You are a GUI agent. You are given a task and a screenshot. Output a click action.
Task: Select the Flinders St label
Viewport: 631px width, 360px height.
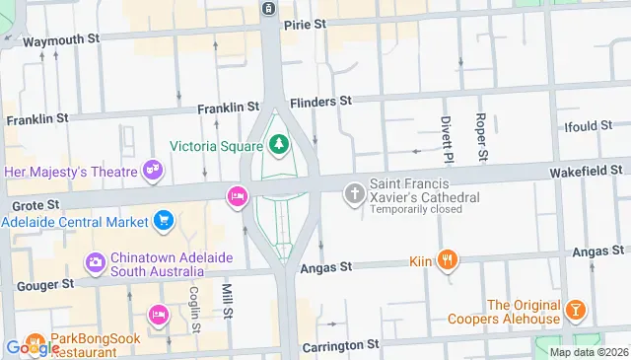(320, 102)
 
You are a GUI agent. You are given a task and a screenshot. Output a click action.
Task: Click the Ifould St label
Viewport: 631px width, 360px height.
(590, 127)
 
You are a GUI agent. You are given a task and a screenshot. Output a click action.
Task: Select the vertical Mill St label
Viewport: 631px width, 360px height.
(226, 301)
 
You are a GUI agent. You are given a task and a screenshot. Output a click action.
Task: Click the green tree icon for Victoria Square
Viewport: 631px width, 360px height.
(279, 146)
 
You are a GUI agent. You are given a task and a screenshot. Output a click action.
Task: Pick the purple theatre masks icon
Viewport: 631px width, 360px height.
(152, 171)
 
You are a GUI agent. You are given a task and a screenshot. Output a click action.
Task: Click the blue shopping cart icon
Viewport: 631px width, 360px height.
(164, 220)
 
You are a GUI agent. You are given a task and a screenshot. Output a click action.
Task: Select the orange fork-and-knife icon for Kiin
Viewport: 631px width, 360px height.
(448, 260)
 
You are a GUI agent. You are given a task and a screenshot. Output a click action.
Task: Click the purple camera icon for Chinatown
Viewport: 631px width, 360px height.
(95, 262)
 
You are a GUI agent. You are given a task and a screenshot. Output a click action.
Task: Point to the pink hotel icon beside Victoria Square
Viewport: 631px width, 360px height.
(237, 196)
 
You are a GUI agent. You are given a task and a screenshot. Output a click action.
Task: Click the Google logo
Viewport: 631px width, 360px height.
(30, 347)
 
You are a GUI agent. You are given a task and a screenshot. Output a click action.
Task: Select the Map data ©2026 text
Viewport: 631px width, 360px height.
(589, 352)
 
